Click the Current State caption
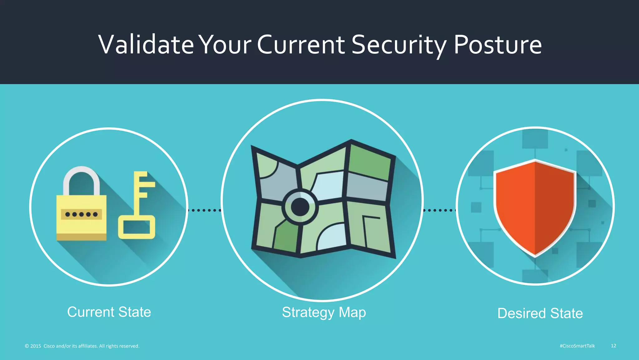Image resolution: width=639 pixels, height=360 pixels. (109, 312)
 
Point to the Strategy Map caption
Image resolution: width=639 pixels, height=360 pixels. (324, 312)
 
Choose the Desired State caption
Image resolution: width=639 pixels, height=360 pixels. (540, 313)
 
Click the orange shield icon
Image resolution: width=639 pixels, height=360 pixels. (535, 206)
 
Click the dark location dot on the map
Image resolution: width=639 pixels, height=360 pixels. (300, 207)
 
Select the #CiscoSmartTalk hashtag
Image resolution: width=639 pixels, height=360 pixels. (577, 346)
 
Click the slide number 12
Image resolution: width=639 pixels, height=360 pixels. (613, 346)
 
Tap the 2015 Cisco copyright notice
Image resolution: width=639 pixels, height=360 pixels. (82, 346)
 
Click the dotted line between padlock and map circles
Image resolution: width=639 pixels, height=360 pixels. (204, 210)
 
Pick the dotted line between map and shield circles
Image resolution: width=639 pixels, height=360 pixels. (440, 210)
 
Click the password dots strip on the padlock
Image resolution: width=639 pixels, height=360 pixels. (81, 214)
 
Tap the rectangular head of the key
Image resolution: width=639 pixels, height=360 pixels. (137, 227)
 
